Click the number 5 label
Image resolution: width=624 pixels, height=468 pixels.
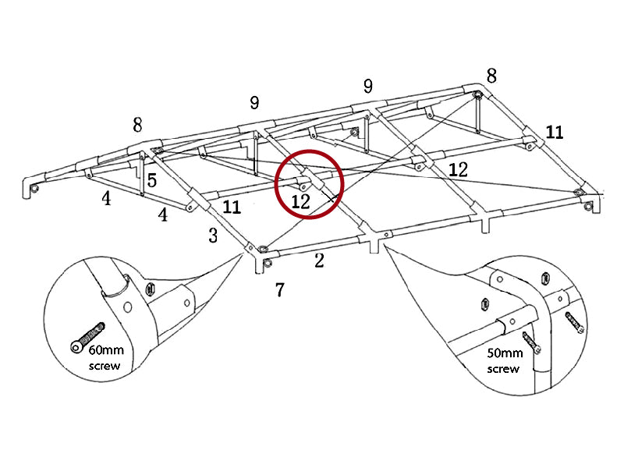click(x=151, y=180)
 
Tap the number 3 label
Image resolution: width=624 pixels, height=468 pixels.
click(x=213, y=236)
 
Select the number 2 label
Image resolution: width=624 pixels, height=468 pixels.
click(x=319, y=261)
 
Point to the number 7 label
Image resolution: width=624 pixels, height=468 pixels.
click(x=279, y=290)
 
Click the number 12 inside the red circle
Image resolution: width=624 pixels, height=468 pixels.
click(x=300, y=201)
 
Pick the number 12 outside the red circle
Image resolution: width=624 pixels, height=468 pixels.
click(x=458, y=169)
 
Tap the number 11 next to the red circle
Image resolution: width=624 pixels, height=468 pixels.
click(x=232, y=207)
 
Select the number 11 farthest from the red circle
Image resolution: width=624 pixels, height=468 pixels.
click(x=554, y=132)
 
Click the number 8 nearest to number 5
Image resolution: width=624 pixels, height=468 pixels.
click(x=137, y=125)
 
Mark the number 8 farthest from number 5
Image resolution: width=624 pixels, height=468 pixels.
click(x=491, y=76)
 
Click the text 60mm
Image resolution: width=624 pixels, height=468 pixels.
click(x=114, y=351)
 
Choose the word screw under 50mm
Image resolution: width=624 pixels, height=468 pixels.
click(x=503, y=368)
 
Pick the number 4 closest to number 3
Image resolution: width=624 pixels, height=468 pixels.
click(x=163, y=214)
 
